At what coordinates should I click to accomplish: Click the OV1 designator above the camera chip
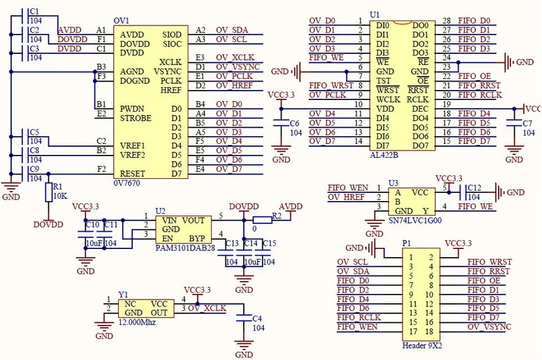(121, 21)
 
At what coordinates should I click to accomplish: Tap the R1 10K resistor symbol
(48, 192)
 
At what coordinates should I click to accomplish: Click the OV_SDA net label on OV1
(232, 30)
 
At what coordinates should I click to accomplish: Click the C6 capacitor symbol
(282, 123)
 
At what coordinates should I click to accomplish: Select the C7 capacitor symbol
(515, 123)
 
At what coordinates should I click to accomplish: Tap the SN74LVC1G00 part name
(415, 221)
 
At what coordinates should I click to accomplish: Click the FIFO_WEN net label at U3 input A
(348, 188)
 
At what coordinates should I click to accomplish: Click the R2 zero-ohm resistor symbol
(262, 219)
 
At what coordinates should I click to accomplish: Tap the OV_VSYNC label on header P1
(489, 327)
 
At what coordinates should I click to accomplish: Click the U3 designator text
(393, 182)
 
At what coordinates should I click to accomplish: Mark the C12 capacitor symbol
(461, 192)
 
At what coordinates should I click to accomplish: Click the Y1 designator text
(123, 294)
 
